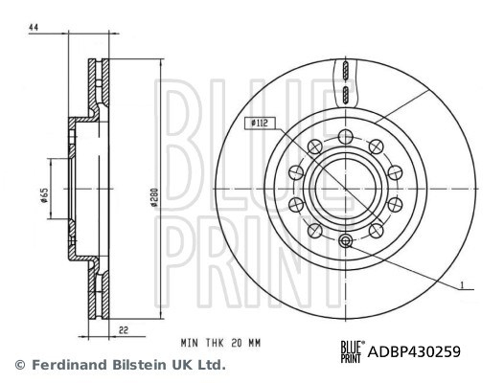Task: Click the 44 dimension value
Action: click(34, 28)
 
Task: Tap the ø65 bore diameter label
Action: click(44, 195)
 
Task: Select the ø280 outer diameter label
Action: click(154, 196)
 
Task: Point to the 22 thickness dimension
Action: click(124, 330)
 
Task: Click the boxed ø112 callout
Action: click(260, 124)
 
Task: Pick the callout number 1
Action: click(462, 285)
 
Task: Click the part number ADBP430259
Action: click(414, 351)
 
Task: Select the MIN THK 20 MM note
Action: click(220, 343)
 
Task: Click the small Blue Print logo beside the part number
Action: click(353, 351)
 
